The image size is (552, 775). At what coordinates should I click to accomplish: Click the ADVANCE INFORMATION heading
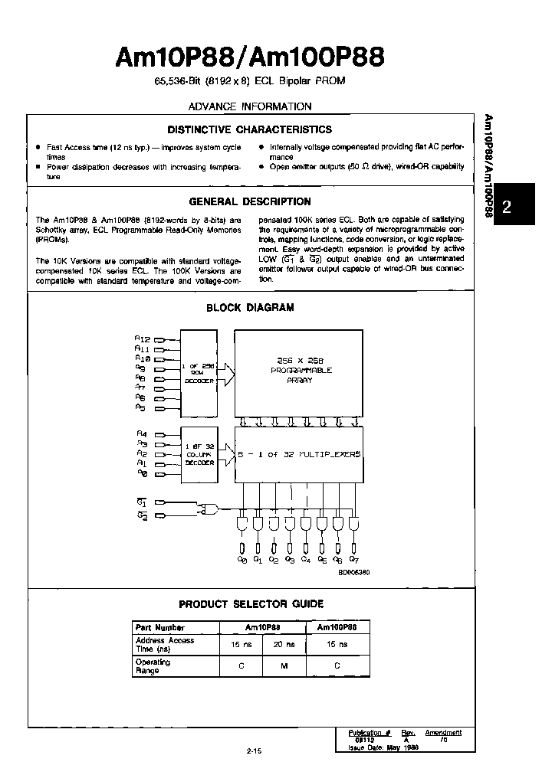pos(250,106)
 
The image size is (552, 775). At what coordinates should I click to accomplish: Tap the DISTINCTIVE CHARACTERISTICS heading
pos(249,129)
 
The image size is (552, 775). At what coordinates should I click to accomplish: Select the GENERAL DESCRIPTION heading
pos(249,202)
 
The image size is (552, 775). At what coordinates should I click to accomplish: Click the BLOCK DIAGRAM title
pos(250,308)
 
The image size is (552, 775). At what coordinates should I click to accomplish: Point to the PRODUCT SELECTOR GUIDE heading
pos(251,603)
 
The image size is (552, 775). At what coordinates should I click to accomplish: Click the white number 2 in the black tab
pos(507,206)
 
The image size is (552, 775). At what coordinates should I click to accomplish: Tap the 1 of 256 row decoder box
pos(199,374)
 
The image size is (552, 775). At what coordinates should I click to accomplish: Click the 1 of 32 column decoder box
pos(199,454)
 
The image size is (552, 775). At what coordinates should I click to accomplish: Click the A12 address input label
pos(143,338)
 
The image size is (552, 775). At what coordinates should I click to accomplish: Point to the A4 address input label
pos(142,433)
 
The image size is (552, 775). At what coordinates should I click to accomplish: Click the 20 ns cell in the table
pos(283,645)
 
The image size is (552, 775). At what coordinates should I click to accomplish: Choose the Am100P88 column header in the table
pos(338,626)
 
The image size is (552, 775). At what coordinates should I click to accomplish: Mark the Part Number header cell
pos(160,627)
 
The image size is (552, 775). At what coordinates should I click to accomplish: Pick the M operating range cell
pos(283,665)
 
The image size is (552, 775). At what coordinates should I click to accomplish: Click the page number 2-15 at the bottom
pos(255,750)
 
